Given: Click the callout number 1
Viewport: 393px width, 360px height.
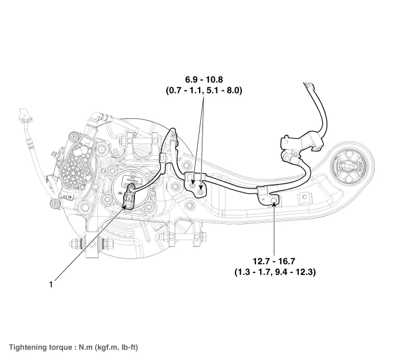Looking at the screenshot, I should tap(51, 285).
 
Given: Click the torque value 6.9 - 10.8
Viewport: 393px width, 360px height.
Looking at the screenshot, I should tap(204, 79).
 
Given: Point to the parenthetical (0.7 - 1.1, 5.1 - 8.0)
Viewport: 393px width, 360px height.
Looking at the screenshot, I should tap(204, 89).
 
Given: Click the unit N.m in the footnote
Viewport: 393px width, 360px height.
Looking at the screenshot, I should tap(82, 347).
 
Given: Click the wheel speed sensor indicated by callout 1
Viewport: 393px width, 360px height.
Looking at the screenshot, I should tap(129, 196).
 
